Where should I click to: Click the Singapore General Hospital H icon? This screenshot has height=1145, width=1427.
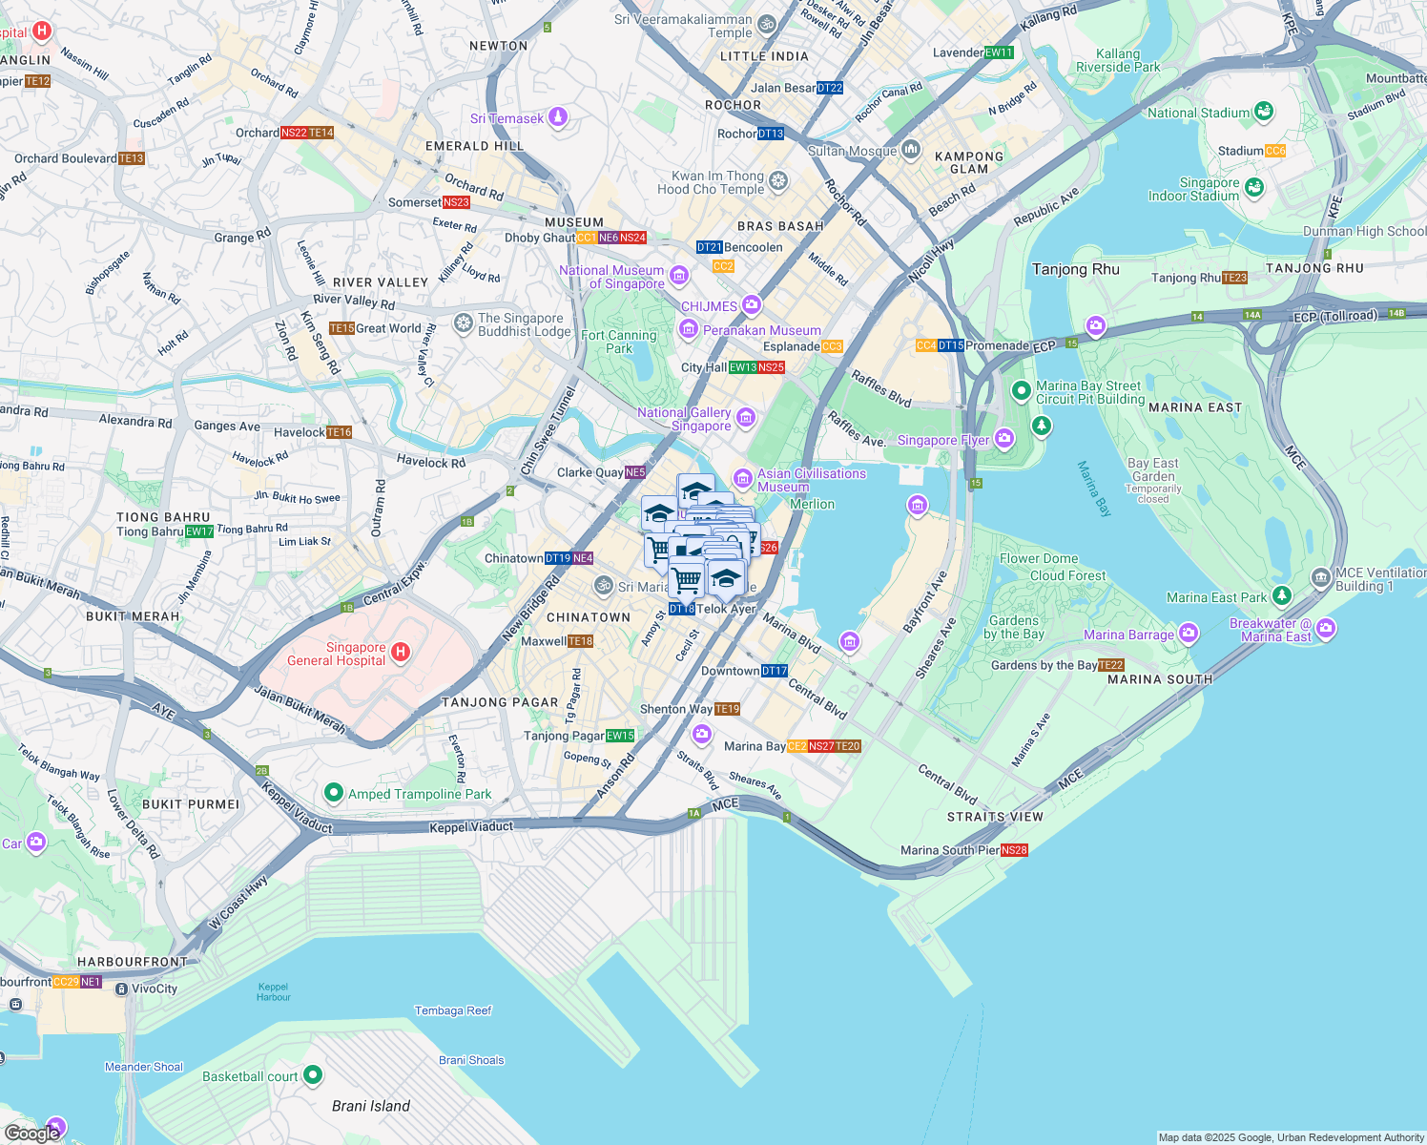pos(401,653)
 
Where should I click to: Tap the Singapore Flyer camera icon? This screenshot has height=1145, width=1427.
pos(1003,439)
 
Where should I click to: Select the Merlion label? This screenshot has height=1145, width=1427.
pos(812,504)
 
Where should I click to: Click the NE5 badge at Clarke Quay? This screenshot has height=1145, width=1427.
pos(635,472)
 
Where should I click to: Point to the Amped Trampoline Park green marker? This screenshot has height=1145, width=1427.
pos(333,793)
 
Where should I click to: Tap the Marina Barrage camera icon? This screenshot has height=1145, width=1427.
pos(1188,633)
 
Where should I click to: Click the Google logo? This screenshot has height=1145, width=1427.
pos(31,1133)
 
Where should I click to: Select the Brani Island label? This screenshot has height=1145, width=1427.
pos(371,1106)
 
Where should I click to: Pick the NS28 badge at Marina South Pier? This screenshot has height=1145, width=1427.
pos(1014,850)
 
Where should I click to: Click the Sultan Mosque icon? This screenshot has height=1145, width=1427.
pos(911,149)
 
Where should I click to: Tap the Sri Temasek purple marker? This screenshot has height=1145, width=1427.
pos(558,117)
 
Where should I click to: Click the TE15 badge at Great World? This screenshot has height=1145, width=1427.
pos(341,328)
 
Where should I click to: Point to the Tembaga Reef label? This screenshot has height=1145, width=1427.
pos(453,1010)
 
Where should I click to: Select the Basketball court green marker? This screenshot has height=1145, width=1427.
pos(312,1075)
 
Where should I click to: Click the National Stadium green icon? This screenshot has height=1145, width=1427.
pos(1264,112)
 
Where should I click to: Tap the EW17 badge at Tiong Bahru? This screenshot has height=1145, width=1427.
pos(199,531)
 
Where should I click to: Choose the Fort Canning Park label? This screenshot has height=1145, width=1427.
pos(618,342)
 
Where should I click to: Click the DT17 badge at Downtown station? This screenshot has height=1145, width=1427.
pos(775,671)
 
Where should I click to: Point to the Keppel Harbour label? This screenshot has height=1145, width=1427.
pos(273,992)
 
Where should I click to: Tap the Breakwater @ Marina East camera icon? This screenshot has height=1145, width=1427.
pos(1326,629)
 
